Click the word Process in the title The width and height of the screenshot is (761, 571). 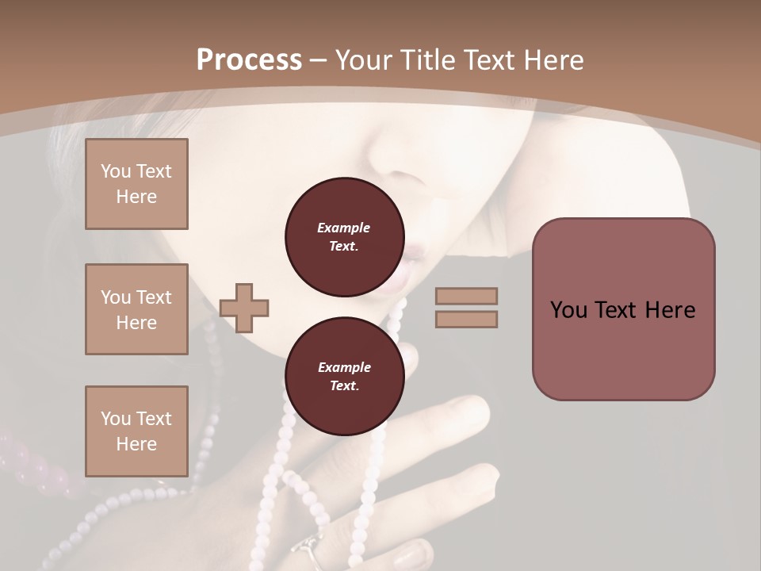[x=249, y=60]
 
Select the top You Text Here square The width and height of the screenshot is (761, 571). [x=136, y=184]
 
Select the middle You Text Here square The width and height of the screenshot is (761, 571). [x=136, y=309]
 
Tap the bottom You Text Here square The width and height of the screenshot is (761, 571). [x=136, y=431]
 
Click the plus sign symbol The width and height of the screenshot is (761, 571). [x=244, y=308]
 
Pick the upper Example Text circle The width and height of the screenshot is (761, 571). [x=344, y=236]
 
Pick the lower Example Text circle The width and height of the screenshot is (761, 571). [x=344, y=376]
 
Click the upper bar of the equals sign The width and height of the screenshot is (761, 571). [x=467, y=296]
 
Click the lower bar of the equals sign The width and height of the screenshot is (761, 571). [x=467, y=320]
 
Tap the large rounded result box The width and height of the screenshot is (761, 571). [x=623, y=309]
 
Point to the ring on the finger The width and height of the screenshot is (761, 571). [x=308, y=549]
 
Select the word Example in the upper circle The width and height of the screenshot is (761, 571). [x=344, y=228]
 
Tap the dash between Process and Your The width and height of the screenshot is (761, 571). [x=319, y=60]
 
